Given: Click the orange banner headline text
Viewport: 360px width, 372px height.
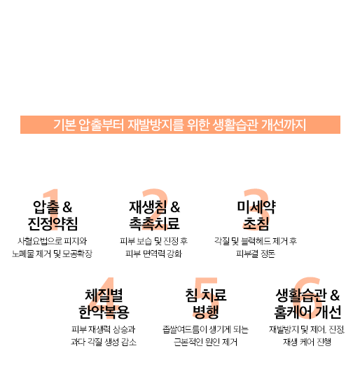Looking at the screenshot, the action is [180, 125].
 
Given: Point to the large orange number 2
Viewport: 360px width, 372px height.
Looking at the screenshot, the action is [155, 209].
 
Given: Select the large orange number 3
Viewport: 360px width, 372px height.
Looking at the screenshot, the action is [256, 209].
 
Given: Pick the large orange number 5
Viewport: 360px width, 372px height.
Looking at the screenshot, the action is [206, 298].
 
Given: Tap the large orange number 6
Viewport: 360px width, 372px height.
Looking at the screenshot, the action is [307, 298].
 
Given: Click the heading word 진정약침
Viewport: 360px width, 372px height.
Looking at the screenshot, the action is [53, 223].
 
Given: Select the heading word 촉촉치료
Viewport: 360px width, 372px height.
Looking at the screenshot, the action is [154, 223].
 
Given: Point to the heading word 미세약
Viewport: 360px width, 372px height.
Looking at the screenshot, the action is [256, 207].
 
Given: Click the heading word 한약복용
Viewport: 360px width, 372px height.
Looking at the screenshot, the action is [104, 312].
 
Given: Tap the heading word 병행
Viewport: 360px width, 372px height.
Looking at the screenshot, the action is [206, 312].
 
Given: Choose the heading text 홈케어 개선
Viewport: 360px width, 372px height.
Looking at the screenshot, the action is [307, 312].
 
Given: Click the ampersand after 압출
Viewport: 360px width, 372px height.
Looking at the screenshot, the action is [67, 207].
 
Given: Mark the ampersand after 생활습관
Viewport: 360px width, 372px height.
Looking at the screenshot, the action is [335, 296].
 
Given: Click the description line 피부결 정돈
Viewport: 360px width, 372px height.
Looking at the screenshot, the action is [256, 254].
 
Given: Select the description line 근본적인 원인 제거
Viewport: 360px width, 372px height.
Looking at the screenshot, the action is [205, 342].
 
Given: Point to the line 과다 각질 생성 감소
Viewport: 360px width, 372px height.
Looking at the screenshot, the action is [104, 342].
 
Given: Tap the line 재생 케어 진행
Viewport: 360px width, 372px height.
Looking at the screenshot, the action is [307, 342].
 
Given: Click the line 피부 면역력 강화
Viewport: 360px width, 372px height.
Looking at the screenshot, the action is [153, 254].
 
